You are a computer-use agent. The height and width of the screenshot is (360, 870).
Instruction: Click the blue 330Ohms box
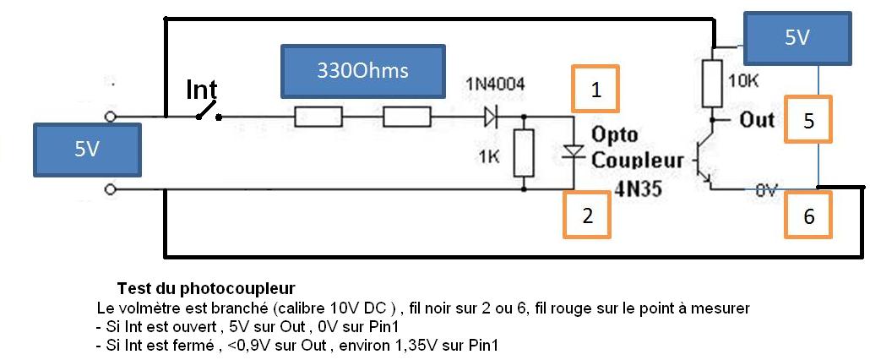(x=362, y=71)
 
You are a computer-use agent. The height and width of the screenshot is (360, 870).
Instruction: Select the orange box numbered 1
(x=596, y=89)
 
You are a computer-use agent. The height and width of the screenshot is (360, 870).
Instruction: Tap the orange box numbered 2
(x=586, y=215)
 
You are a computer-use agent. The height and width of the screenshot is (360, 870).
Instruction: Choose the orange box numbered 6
(x=808, y=215)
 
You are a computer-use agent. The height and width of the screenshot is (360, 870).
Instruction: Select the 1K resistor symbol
(x=525, y=153)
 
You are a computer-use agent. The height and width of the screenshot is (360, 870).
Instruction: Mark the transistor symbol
(x=702, y=160)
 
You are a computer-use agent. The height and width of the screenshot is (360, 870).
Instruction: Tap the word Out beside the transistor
(x=757, y=119)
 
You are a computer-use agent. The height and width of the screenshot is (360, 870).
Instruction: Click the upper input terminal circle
(x=110, y=117)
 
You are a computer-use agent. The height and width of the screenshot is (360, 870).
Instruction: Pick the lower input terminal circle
(x=110, y=190)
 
